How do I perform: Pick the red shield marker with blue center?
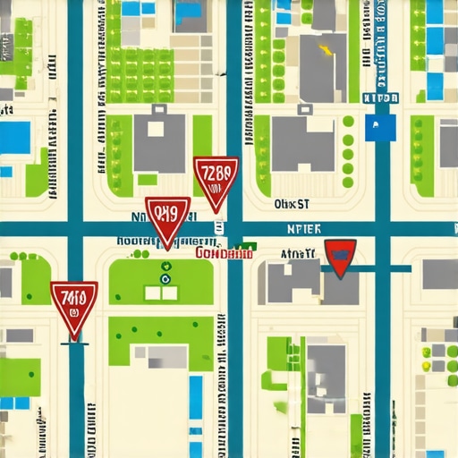tap(340, 258)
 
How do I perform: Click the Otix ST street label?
tap(291, 204)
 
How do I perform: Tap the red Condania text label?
tap(224, 253)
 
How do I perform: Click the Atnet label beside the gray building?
tap(299, 254)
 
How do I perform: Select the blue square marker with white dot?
tap(381, 127)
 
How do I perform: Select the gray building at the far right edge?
tap(440, 275)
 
